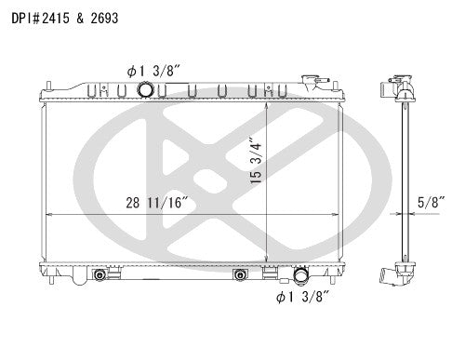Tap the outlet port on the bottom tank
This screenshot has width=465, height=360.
[301, 276]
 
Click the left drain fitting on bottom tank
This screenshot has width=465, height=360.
[100, 276]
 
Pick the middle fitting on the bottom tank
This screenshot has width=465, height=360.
[240, 275]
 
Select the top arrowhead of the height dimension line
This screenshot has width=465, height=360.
[268, 101]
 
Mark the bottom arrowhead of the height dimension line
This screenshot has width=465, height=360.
[268, 265]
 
